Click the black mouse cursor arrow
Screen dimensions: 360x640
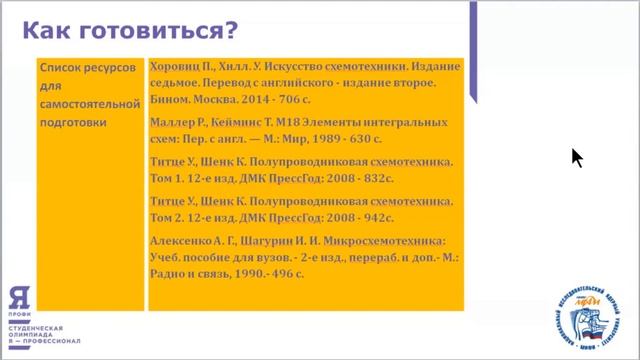pos(576,157)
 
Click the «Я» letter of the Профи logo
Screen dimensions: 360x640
pos(18,296)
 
